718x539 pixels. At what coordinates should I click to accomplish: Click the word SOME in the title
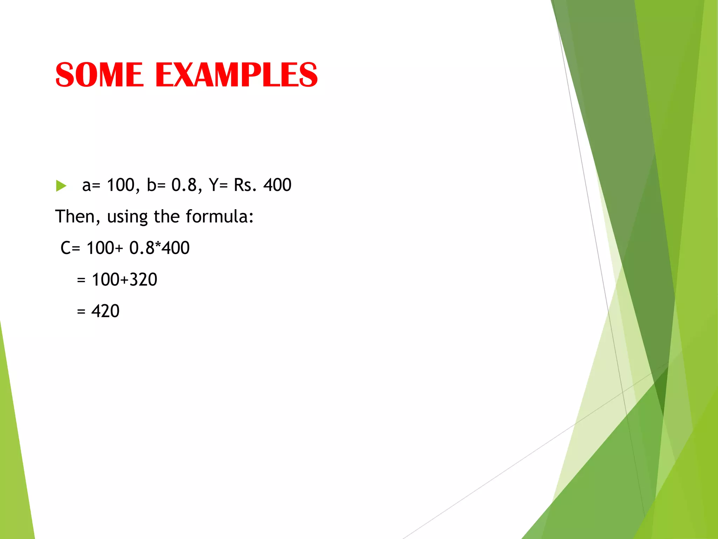[x=100, y=75]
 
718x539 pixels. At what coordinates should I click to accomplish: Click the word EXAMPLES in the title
[x=236, y=75]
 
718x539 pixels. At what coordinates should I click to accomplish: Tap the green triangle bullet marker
[x=61, y=186]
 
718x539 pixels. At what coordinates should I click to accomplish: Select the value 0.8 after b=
[x=184, y=185]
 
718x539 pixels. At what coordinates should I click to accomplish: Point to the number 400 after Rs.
[x=277, y=185]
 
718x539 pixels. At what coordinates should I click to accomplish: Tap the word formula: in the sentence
[x=219, y=217]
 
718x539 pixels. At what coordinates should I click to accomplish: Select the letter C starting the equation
[x=66, y=248]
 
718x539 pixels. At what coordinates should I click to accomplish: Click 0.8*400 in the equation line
[x=160, y=248]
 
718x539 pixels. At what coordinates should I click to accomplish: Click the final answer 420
[x=105, y=311]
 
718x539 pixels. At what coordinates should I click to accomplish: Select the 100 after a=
[x=121, y=185]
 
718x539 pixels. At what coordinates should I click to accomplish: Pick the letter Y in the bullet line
[x=214, y=185]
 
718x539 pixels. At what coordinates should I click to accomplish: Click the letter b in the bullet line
[x=151, y=185]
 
